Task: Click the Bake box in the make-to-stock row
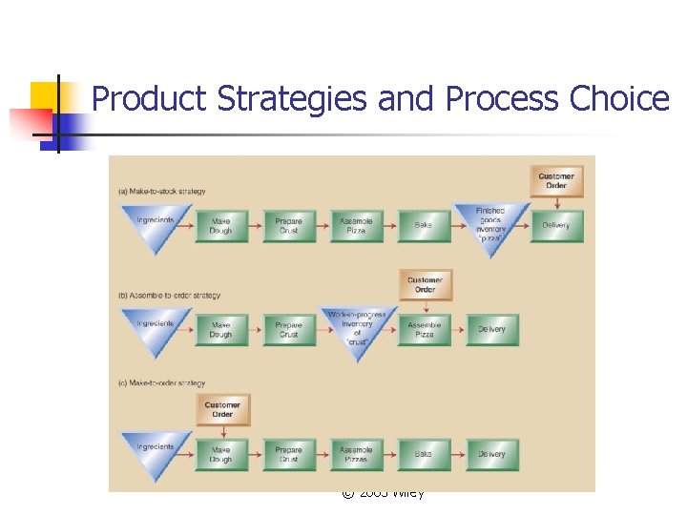click(x=424, y=225)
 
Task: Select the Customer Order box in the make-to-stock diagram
click(x=556, y=180)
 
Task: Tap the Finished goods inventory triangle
click(x=491, y=223)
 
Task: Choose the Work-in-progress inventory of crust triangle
click(x=356, y=327)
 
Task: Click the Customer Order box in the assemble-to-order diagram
click(x=425, y=284)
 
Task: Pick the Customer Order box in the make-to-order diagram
click(x=222, y=409)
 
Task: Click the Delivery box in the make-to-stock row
click(x=556, y=225)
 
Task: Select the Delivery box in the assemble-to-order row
click(x=491, y=330)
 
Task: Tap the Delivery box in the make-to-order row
click(x=491, y=454)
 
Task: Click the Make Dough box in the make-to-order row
click(x=221, y=454)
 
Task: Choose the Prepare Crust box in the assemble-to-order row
click(x=289, y=330)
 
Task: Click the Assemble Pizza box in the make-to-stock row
click(x=356, y=225)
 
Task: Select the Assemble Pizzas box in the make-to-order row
click(x=356, y=454)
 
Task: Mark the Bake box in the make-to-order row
click(x=424, y=454)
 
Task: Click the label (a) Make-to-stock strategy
click(x=161, y=191)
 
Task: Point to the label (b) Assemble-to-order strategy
click(x=168, y=296)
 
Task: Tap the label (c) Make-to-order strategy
click(x=162, y=383)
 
